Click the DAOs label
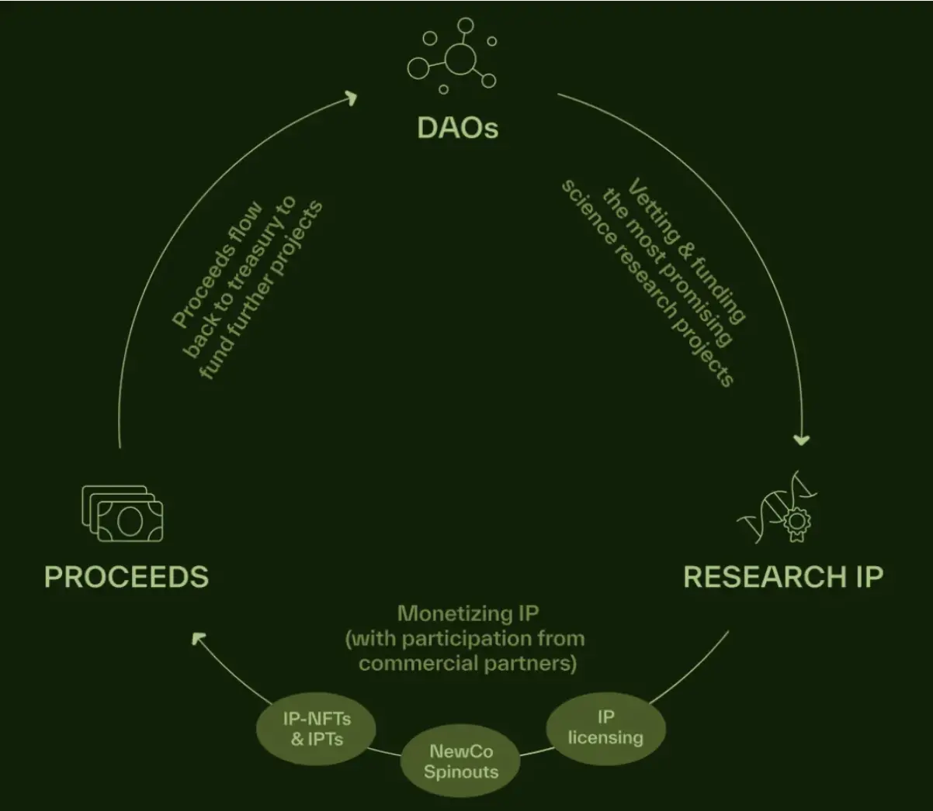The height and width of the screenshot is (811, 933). click(458, 128)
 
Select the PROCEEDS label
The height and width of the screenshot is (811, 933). click(127, 577)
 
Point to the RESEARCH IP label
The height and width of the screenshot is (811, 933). click(782, 577)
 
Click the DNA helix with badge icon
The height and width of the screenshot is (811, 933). click(779, 506)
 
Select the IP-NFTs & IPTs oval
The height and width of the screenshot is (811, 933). click(317, 729)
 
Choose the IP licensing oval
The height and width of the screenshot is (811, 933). click(605, 727)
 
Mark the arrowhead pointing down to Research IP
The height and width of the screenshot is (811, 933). click(802, 440)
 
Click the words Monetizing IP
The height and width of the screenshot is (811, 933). click(467, 614)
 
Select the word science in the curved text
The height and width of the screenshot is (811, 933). click(584, 208)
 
